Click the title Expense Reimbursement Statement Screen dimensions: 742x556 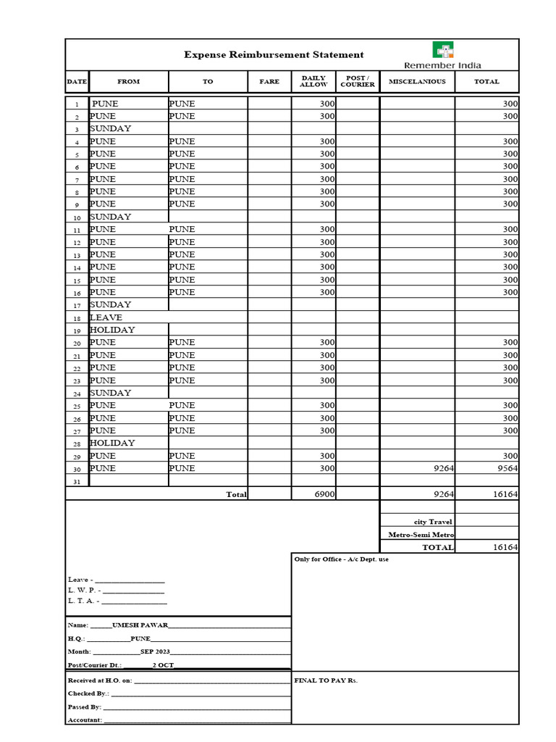274,54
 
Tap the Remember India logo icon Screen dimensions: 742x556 443,50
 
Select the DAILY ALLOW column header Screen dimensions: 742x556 313,81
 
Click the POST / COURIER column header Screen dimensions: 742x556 358,81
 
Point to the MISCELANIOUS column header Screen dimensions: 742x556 417,81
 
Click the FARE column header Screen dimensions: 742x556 269,81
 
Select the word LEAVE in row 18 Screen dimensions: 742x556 106,317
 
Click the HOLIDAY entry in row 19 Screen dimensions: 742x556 112,330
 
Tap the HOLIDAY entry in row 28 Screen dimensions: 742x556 112,443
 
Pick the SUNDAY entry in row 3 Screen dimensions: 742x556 111,128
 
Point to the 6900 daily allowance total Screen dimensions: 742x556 324,494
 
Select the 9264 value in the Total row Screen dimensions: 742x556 443,494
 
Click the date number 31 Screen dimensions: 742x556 77,481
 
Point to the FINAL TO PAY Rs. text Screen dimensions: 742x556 326,680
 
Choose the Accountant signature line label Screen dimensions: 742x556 85,720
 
